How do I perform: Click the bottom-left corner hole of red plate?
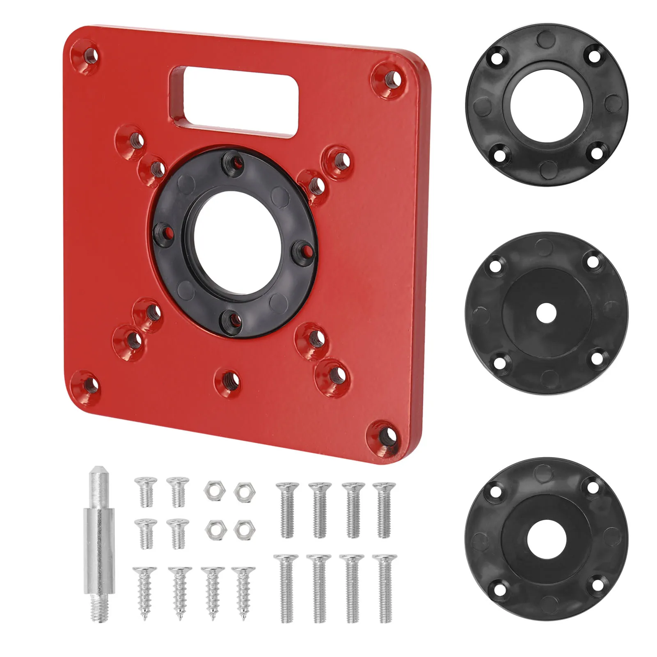89,385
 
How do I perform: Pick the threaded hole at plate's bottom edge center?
230,380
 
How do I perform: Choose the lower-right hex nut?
244,529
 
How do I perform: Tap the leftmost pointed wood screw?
144,591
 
